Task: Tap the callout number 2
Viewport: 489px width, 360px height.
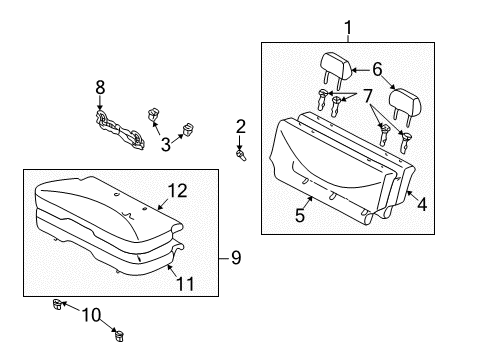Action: (x=240, y=126)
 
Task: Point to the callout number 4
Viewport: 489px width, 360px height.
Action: (x=421, y=205)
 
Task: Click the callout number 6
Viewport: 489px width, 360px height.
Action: (x=376, y=69)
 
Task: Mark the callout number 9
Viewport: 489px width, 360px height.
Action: (x=236, y=258)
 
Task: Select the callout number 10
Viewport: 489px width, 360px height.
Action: (x=91, y=316)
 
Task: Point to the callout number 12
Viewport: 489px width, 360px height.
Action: (x=177, y=189)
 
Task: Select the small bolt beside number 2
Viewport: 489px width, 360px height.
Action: (x=240, y=154)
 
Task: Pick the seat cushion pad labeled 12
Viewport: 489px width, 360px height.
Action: (x=100, y=195)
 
